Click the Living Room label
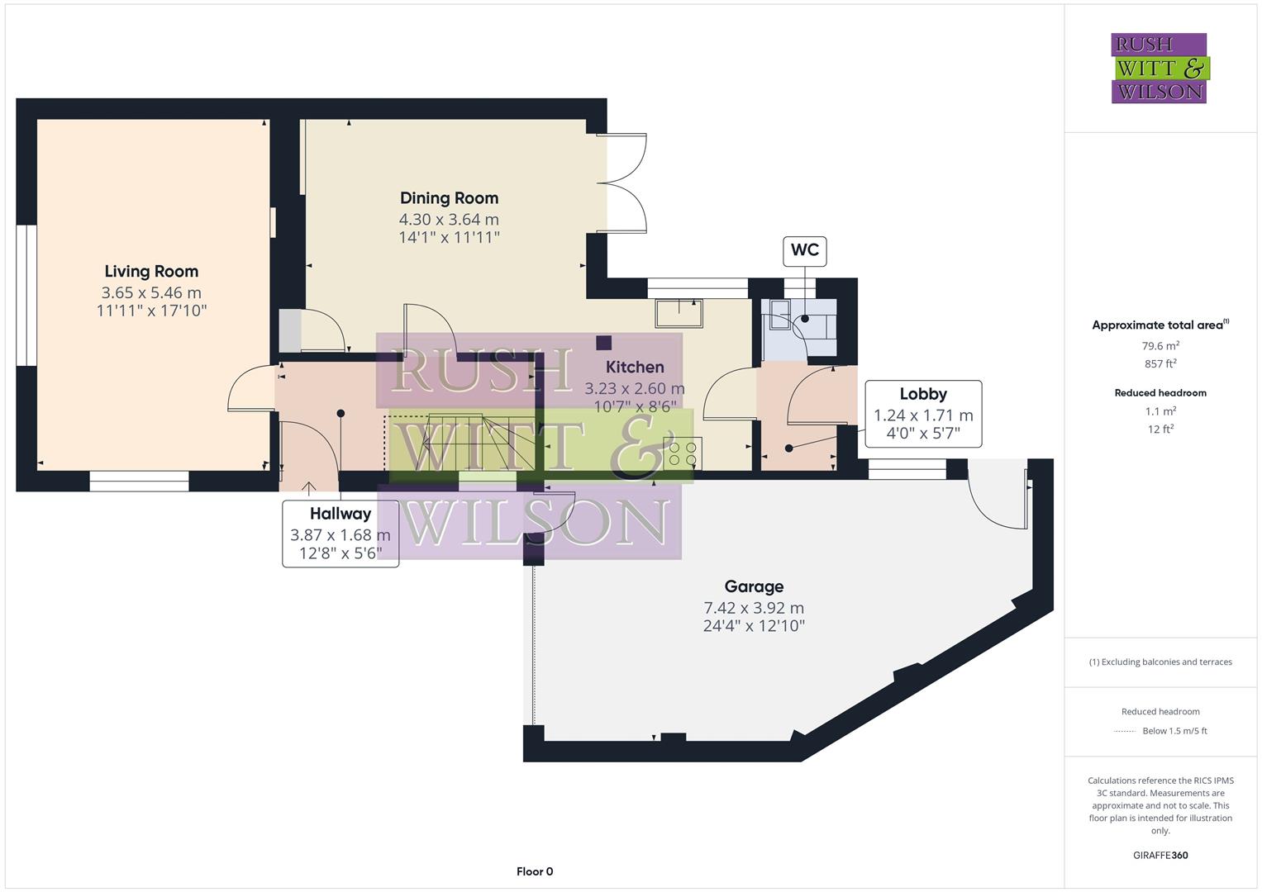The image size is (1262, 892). [151, 271]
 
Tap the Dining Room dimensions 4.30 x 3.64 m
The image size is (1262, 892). [449, 219]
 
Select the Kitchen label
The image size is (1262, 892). [635, 367]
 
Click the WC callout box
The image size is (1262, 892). [804, 250]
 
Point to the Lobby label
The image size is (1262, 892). [923, 394]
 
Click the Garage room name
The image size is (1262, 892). [754, 586]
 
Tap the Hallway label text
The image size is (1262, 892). [340, 514]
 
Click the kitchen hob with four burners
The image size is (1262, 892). [683, 453]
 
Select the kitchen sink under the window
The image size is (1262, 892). [679, 313]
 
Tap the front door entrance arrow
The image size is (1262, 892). [309, 489]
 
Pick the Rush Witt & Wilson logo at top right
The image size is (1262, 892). [1159, 68]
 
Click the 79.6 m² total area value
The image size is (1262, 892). [1160, 346]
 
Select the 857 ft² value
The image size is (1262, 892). [1160, 363]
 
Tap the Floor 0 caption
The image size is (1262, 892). [535, 871]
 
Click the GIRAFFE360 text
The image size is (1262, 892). [1160, 855]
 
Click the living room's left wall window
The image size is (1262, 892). [26, 295]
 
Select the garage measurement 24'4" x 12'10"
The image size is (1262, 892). [754, 626]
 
